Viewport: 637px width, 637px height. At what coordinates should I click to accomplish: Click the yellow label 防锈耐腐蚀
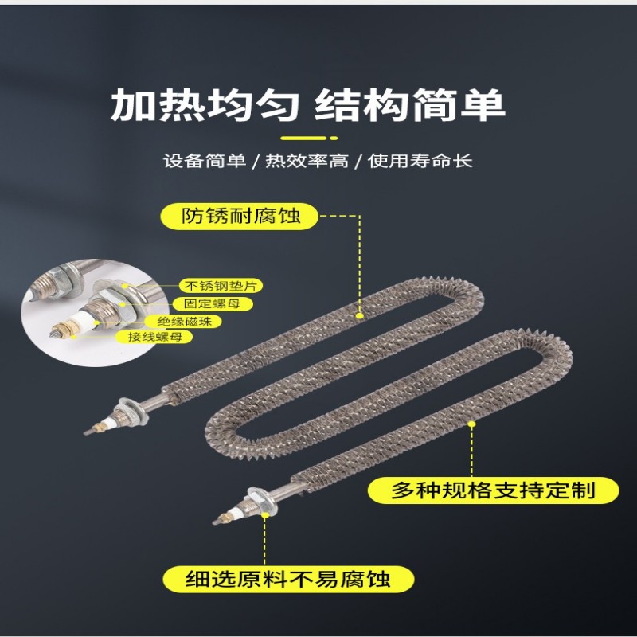click(240, 216)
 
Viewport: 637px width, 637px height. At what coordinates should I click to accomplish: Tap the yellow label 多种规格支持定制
click(493, 490)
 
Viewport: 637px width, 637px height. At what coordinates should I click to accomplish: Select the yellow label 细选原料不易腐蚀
click(288, 579)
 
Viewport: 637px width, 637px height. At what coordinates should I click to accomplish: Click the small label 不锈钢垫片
click(221, 286)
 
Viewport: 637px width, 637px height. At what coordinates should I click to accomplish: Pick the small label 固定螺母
click(212, 304)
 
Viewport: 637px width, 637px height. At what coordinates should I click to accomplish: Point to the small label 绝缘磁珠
click(185, 322)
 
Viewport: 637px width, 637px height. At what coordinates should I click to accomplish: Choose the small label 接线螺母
click(154, 337)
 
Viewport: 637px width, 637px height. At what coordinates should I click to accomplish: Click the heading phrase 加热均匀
click(205, 105)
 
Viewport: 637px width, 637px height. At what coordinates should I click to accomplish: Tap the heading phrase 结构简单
click(410, 105)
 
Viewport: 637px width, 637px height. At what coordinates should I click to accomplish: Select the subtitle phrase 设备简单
click(205, 161)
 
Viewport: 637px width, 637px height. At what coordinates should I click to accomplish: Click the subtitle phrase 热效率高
click(307, 161)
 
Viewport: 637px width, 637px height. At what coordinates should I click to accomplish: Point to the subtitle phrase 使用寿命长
click(420, 161)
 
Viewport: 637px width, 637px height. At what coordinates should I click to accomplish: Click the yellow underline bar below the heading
click(309, 138)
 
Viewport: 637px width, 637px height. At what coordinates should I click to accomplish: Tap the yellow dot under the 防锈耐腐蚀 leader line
click(360, 315)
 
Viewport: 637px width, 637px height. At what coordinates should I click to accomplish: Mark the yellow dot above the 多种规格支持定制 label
click(471, 424)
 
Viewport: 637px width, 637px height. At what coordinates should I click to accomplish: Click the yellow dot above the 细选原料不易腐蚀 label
click(265, 514)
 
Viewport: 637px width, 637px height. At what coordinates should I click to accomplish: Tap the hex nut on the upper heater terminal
click(130, 411)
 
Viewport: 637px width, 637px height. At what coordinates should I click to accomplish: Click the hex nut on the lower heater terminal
click(261, 501)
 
